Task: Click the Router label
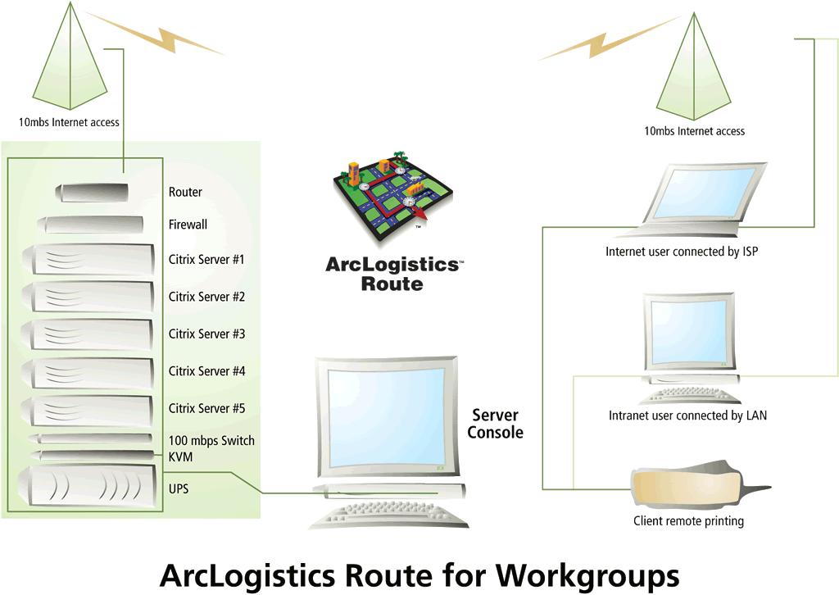click(185, 192)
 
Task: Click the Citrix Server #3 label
click(206, 334)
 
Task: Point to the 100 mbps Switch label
click(211, 441)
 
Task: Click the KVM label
click(180, 456)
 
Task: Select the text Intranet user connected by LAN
click(687, 416)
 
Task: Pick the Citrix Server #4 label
click(206, 371)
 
